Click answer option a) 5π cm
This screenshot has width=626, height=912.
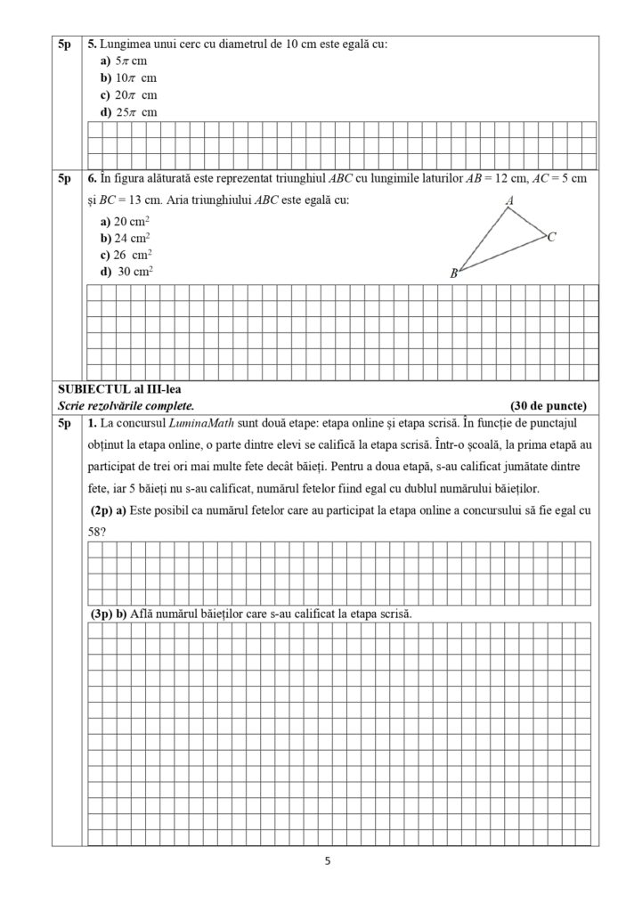123,61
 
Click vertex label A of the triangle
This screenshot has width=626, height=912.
509,202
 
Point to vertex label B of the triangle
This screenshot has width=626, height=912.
453,273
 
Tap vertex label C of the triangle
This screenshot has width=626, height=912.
552,237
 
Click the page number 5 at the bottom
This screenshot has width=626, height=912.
328,861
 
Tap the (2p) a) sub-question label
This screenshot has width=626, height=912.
109,511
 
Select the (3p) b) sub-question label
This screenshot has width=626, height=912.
110,615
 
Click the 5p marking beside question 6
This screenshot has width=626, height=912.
65,179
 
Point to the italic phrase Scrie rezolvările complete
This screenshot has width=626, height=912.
126,405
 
